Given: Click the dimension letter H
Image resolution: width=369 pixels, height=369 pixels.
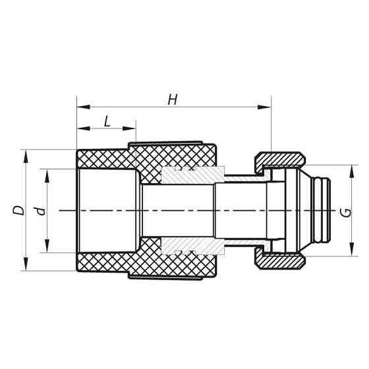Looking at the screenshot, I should click(x=173, y=99).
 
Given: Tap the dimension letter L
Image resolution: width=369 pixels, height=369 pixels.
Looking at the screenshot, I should click(x=107, y=121).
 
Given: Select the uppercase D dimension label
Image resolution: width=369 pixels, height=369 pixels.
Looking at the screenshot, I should click(x=18, y=210).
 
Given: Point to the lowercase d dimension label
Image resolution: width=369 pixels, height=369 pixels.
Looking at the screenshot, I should click(x=41, y=211).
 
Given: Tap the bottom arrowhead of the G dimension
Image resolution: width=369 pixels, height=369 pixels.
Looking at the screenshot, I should click(x=351, y=254).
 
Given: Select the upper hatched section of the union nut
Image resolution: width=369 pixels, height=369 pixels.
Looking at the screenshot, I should click(x=280, y=160).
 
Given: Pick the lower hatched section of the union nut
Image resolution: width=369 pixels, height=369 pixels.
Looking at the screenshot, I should click(x=280, y=261).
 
